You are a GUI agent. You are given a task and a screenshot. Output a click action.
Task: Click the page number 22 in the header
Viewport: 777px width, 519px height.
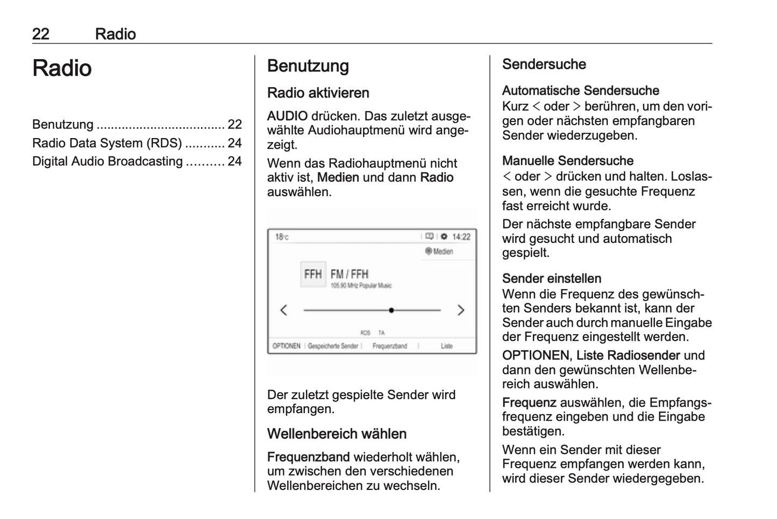[x=41, y=34]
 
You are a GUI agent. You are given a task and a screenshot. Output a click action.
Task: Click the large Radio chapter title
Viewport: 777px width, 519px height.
[x=62, y=69]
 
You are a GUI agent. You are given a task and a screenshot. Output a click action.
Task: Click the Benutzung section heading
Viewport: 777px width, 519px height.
[x=308, y=66]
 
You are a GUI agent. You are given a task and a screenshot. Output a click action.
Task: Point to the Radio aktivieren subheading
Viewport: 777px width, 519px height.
[x=318, y=93]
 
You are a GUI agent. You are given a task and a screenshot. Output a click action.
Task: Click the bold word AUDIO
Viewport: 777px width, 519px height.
[x=287, y=116]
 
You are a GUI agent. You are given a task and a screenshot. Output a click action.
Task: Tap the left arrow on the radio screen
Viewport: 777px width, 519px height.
[x=284, y=310]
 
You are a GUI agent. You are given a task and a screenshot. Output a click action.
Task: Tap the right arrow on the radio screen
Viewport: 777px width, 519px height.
[x=460, y=310]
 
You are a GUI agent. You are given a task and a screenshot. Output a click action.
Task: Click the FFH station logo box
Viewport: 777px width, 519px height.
[x=313, y=275]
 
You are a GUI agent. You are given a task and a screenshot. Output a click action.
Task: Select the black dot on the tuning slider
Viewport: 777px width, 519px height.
[x=391, y=310]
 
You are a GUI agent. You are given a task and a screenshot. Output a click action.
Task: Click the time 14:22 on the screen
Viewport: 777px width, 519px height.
[x=461, y=237]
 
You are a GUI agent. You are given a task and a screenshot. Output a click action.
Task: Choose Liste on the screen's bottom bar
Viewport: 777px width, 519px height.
[x=447, y=346]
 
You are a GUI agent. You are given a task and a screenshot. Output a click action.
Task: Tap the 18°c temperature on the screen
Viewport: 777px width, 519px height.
[x=282, y=237]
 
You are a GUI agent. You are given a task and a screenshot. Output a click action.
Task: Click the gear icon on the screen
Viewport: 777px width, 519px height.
[x=444, y=237]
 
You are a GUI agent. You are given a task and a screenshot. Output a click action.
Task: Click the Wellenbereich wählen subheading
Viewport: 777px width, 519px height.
[x=337, y=434]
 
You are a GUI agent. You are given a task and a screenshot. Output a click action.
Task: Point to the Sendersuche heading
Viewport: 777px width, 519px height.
[x=544, y=64]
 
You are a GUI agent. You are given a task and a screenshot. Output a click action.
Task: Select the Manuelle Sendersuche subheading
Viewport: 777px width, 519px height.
[x=567, y=161]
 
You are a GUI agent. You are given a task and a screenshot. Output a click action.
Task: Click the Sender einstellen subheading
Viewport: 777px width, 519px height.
[x=551, y=278]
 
